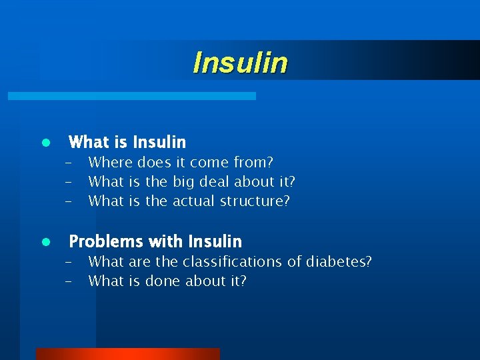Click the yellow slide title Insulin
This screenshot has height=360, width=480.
coord(240,63)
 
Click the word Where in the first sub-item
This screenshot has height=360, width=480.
coord(110,162)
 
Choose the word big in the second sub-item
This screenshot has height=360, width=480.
coord(184,181)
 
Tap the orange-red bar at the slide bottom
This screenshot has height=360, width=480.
coord(127,354)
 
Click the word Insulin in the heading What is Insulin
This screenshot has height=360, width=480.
coord(159,142)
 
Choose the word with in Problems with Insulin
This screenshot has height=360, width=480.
coord(166,241)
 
